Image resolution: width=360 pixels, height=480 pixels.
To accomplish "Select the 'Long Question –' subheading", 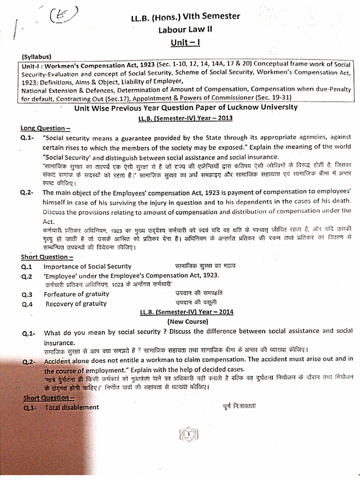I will click(x=45, y=128).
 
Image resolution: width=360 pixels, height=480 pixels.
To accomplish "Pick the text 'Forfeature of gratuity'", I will click(x=76, y=294).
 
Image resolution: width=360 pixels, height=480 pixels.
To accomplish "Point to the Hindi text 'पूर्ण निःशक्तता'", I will click(x=240, y=406).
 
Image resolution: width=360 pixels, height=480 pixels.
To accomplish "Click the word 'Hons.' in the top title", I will click(x=158, y=17).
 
